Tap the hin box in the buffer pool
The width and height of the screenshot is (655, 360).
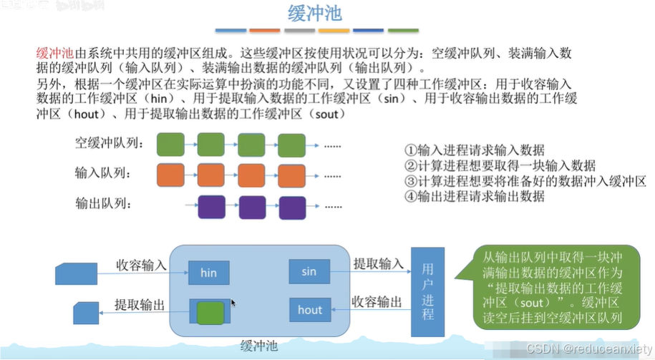[x=208, y=273]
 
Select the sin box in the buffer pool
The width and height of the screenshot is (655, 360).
[x=309, y=271]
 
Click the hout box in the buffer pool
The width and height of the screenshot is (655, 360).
[x=310, y=310]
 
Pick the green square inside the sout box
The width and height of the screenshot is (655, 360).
[x=210, y=311]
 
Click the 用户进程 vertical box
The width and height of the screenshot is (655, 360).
[x=427, y=291]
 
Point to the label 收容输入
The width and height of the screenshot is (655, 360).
[x=141, y=265]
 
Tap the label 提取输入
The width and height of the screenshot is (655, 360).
[x=379, y=263]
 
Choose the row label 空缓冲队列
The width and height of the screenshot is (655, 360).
[x=109, y=143]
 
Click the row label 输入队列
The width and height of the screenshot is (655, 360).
[x=101, y=173]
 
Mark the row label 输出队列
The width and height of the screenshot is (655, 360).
[x=101, y=204]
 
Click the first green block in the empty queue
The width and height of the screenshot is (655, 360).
[x=171, y=144]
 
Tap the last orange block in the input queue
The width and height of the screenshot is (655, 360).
[x=291, y=175]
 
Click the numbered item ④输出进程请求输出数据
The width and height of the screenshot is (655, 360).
[x=474, y=195]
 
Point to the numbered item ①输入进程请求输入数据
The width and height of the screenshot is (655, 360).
[x=474, y=150]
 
